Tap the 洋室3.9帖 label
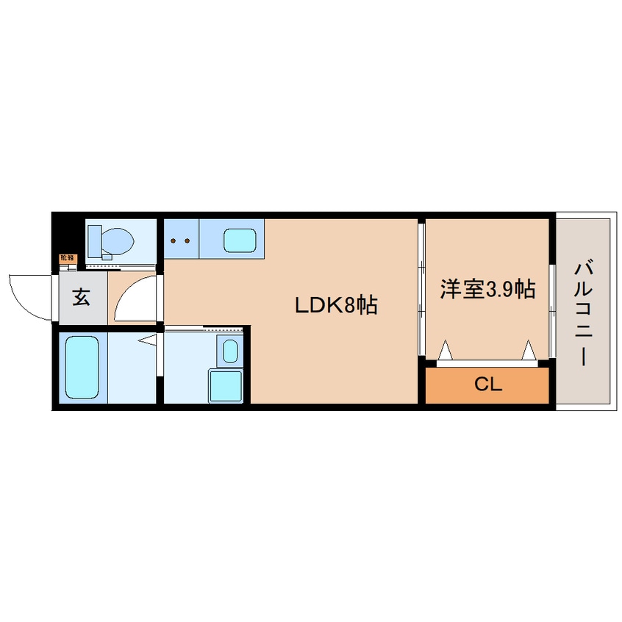point(487,289)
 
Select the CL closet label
point(487,385)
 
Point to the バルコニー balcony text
point(584,312)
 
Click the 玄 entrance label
point(81,298)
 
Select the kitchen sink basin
point(240,240)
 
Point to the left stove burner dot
point(174,240)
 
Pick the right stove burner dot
point(187,240)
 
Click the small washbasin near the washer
point(229,351)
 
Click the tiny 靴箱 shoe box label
point(67,258)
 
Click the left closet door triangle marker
point(446,351)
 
